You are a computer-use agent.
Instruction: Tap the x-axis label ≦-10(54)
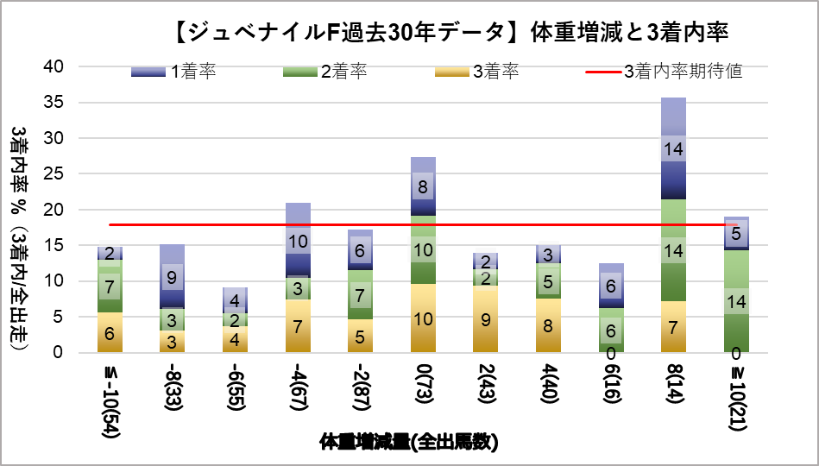tap(110, 398)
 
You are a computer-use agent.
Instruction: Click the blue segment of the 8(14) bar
tap(673, 173)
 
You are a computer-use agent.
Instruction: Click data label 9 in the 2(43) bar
tap(485, 319)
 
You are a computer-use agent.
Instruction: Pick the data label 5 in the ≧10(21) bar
tap(735, 233)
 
